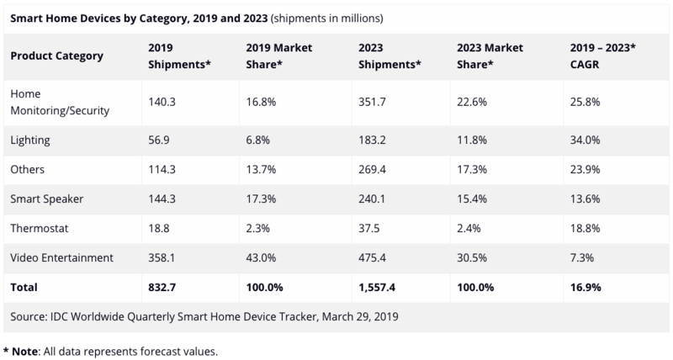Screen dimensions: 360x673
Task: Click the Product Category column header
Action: pyautogui.click(x=57, y=56)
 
